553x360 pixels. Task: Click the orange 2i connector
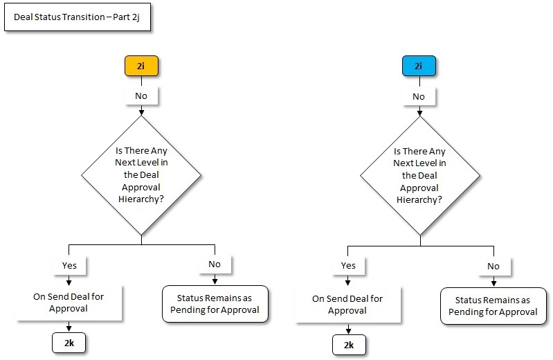click(x=141, y=67)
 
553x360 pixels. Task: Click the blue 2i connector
click(x=419, y=67)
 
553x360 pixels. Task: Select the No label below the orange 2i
click(x=141, y=95)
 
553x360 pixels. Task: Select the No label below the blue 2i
click(x=419, y=96)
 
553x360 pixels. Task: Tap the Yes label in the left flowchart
click(x=69, y=264)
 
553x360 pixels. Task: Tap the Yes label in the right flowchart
click(x=348, y=265)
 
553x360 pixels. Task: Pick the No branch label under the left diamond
click(x=215, y=264)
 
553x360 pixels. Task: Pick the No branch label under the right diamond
click(x=493, y=266)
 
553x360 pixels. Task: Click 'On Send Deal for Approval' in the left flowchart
click(x=69, y=303)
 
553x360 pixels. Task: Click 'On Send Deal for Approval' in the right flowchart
click(x=348, y=305)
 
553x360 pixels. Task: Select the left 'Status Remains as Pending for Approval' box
click(x=215, y=304)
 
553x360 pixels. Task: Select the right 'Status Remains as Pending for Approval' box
click(x=493, y=306)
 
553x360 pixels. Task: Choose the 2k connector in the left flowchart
click(x=69, y=342)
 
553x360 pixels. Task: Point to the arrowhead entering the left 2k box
click(x=69, y=330)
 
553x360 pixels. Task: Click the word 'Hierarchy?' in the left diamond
click(x=141, y=199)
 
